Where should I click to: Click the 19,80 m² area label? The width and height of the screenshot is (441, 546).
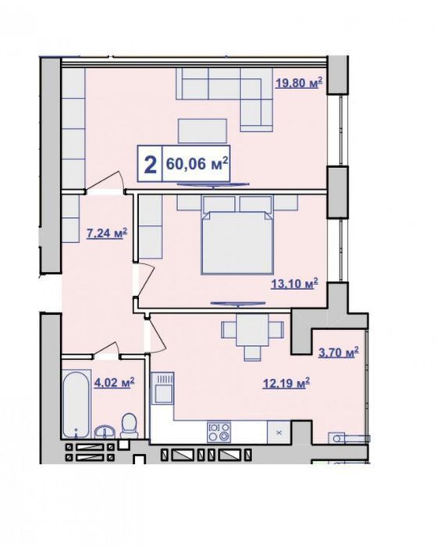(x=299, y=84)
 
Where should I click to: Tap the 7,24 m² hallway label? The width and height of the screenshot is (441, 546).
(x=106, y=234)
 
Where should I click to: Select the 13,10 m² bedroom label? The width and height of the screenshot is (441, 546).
(x=294, y=284)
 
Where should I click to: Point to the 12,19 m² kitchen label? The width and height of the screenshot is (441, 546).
(x=286, y=384)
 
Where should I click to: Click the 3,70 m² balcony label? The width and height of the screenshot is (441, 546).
(x=339, y=353)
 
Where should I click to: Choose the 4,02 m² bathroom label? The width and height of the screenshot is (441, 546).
(x=115, y=383)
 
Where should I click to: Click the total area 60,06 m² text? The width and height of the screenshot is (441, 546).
(x=197, y=163)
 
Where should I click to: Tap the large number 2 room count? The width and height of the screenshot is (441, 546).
(x=150, y=165)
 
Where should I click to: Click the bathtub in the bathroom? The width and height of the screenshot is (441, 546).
(x=76, y=405)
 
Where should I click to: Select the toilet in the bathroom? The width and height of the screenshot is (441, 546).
(x=129, y=426)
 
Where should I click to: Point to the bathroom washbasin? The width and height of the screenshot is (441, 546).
(x=104, y=431)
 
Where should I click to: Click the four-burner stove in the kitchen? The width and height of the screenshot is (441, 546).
(x=219, y=432)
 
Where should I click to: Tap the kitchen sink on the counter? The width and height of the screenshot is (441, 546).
(x=163, y=388)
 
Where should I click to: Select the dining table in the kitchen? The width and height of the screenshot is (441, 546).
(x=252, y=330)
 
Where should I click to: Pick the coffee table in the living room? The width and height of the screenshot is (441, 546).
(x=203, y=130)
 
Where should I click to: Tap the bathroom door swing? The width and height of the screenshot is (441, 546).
(x=106, y=350)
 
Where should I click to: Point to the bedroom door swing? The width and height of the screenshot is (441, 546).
(x=144, y=280)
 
